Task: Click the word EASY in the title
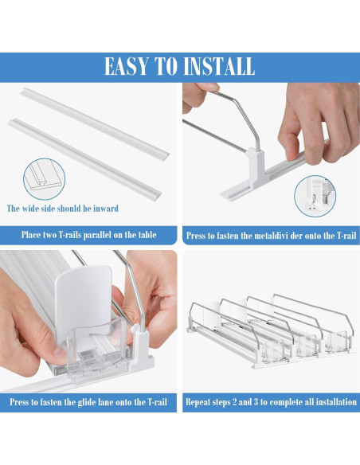coord(127,66)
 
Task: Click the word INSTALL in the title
coord(219,66)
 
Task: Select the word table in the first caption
coord(146,235)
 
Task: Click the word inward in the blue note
coord(106,208)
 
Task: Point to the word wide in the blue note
coord(29,208)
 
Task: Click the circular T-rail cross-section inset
coord(44,179)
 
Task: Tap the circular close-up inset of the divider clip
coord(315,196)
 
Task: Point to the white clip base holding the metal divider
coord(256,168)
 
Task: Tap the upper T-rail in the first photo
coord(96,124)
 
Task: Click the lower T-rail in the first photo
coord(85,159)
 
